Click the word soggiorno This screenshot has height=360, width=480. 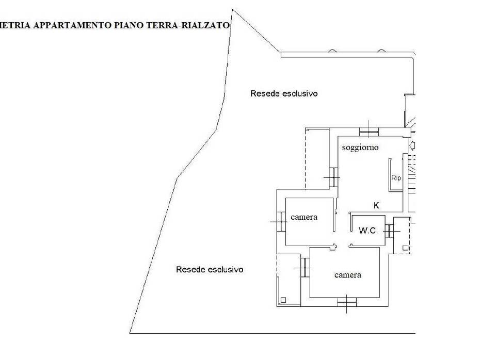coord(360,148)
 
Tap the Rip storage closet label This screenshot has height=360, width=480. coord(396,178)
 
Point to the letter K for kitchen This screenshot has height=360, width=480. coord(376,205)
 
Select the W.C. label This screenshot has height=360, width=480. coord(368,231)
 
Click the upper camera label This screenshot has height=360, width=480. coord(303,217)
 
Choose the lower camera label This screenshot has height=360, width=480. coord(347,275)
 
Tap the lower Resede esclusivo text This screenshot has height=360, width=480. coord(209,269)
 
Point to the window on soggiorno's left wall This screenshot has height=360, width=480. coord(334,177)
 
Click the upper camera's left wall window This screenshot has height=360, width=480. coord(280,222)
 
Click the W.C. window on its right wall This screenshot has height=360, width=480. coord(390,231)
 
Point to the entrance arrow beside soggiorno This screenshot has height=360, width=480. coord(412,145)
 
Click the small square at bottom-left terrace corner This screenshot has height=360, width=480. coord(283,300)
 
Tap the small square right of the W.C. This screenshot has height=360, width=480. coord(406,248)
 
